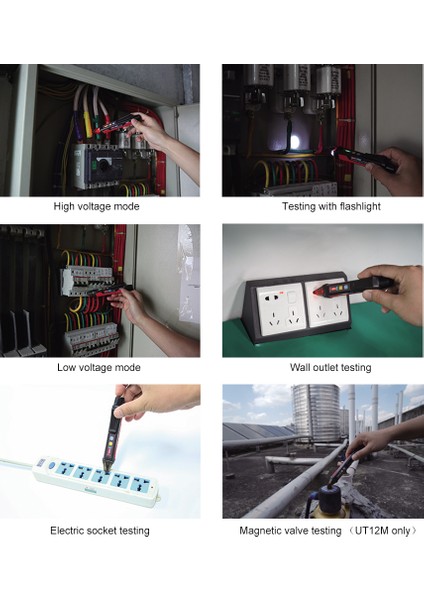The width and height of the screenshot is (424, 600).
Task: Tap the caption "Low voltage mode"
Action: (x=98, y=367)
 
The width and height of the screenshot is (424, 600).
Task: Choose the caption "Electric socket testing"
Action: (x=100, y=530)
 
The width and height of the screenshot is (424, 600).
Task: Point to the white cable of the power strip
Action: (x=14, y=462)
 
